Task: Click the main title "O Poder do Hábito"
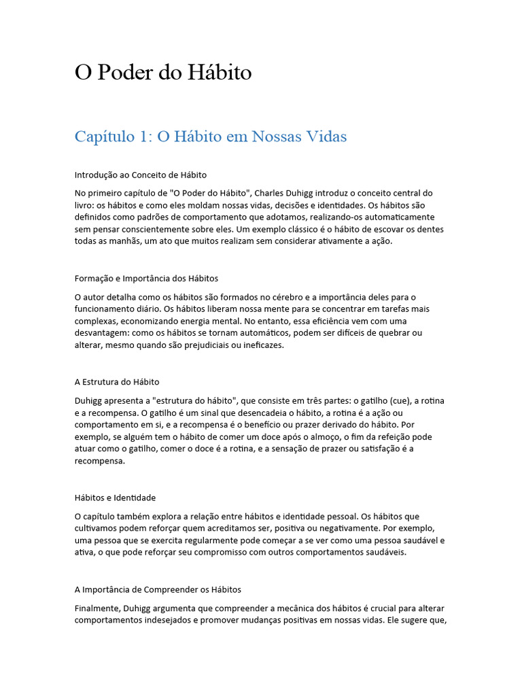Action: pos(163,73)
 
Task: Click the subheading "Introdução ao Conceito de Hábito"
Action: pos(141,175)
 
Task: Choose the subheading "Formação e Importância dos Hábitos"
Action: pos(146,279)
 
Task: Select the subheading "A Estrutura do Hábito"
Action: pos(117,382)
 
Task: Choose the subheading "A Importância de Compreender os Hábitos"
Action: pos(158,589)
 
